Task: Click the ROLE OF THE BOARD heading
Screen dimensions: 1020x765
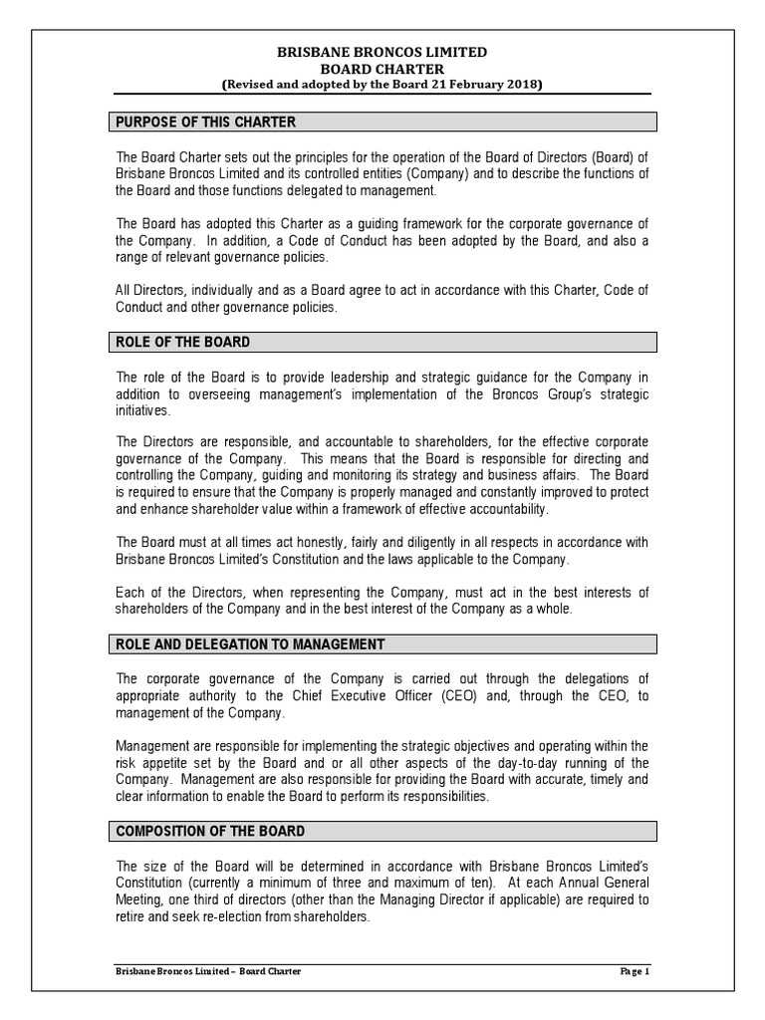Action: coord(183,342)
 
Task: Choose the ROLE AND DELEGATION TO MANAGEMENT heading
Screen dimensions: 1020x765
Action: coord(250,644)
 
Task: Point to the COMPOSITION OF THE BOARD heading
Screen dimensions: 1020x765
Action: coord(211,831)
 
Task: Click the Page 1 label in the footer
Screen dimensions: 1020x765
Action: coord(634,970)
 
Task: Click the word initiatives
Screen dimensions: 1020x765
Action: coord(143,411)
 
